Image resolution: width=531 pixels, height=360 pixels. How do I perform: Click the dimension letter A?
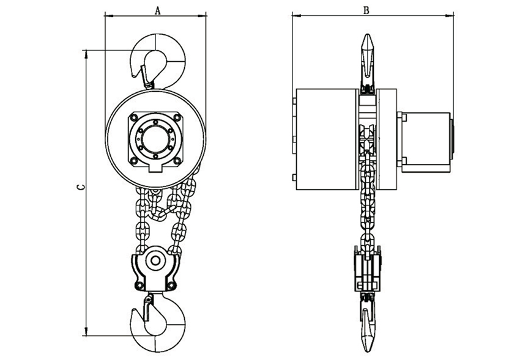[x=157, y=10]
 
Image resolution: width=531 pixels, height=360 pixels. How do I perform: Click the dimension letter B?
[x=366, y=10]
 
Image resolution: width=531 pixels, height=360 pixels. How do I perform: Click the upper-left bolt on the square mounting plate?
[x=134, y=118]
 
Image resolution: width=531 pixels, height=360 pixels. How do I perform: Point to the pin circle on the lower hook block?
[x=155, y=260]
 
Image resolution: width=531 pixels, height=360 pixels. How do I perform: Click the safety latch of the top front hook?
[x=147, y=76]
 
